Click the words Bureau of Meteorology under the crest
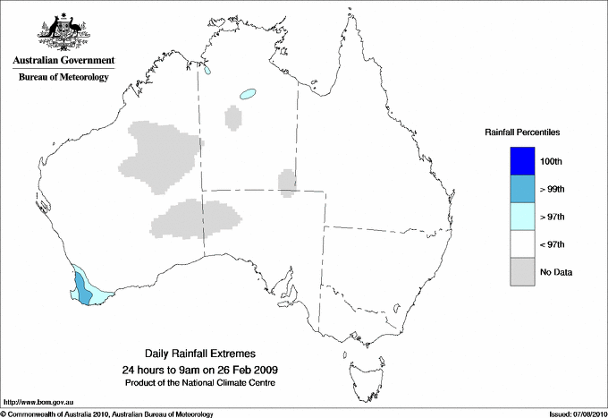click(63, 77)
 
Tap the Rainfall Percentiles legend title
click(522, 132)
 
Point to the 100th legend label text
click(552, 161)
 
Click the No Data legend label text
click(556, 272)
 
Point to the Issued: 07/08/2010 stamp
click(577, 414)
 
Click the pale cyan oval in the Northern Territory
click(247, 92)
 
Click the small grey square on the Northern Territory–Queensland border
click(287, 182)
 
